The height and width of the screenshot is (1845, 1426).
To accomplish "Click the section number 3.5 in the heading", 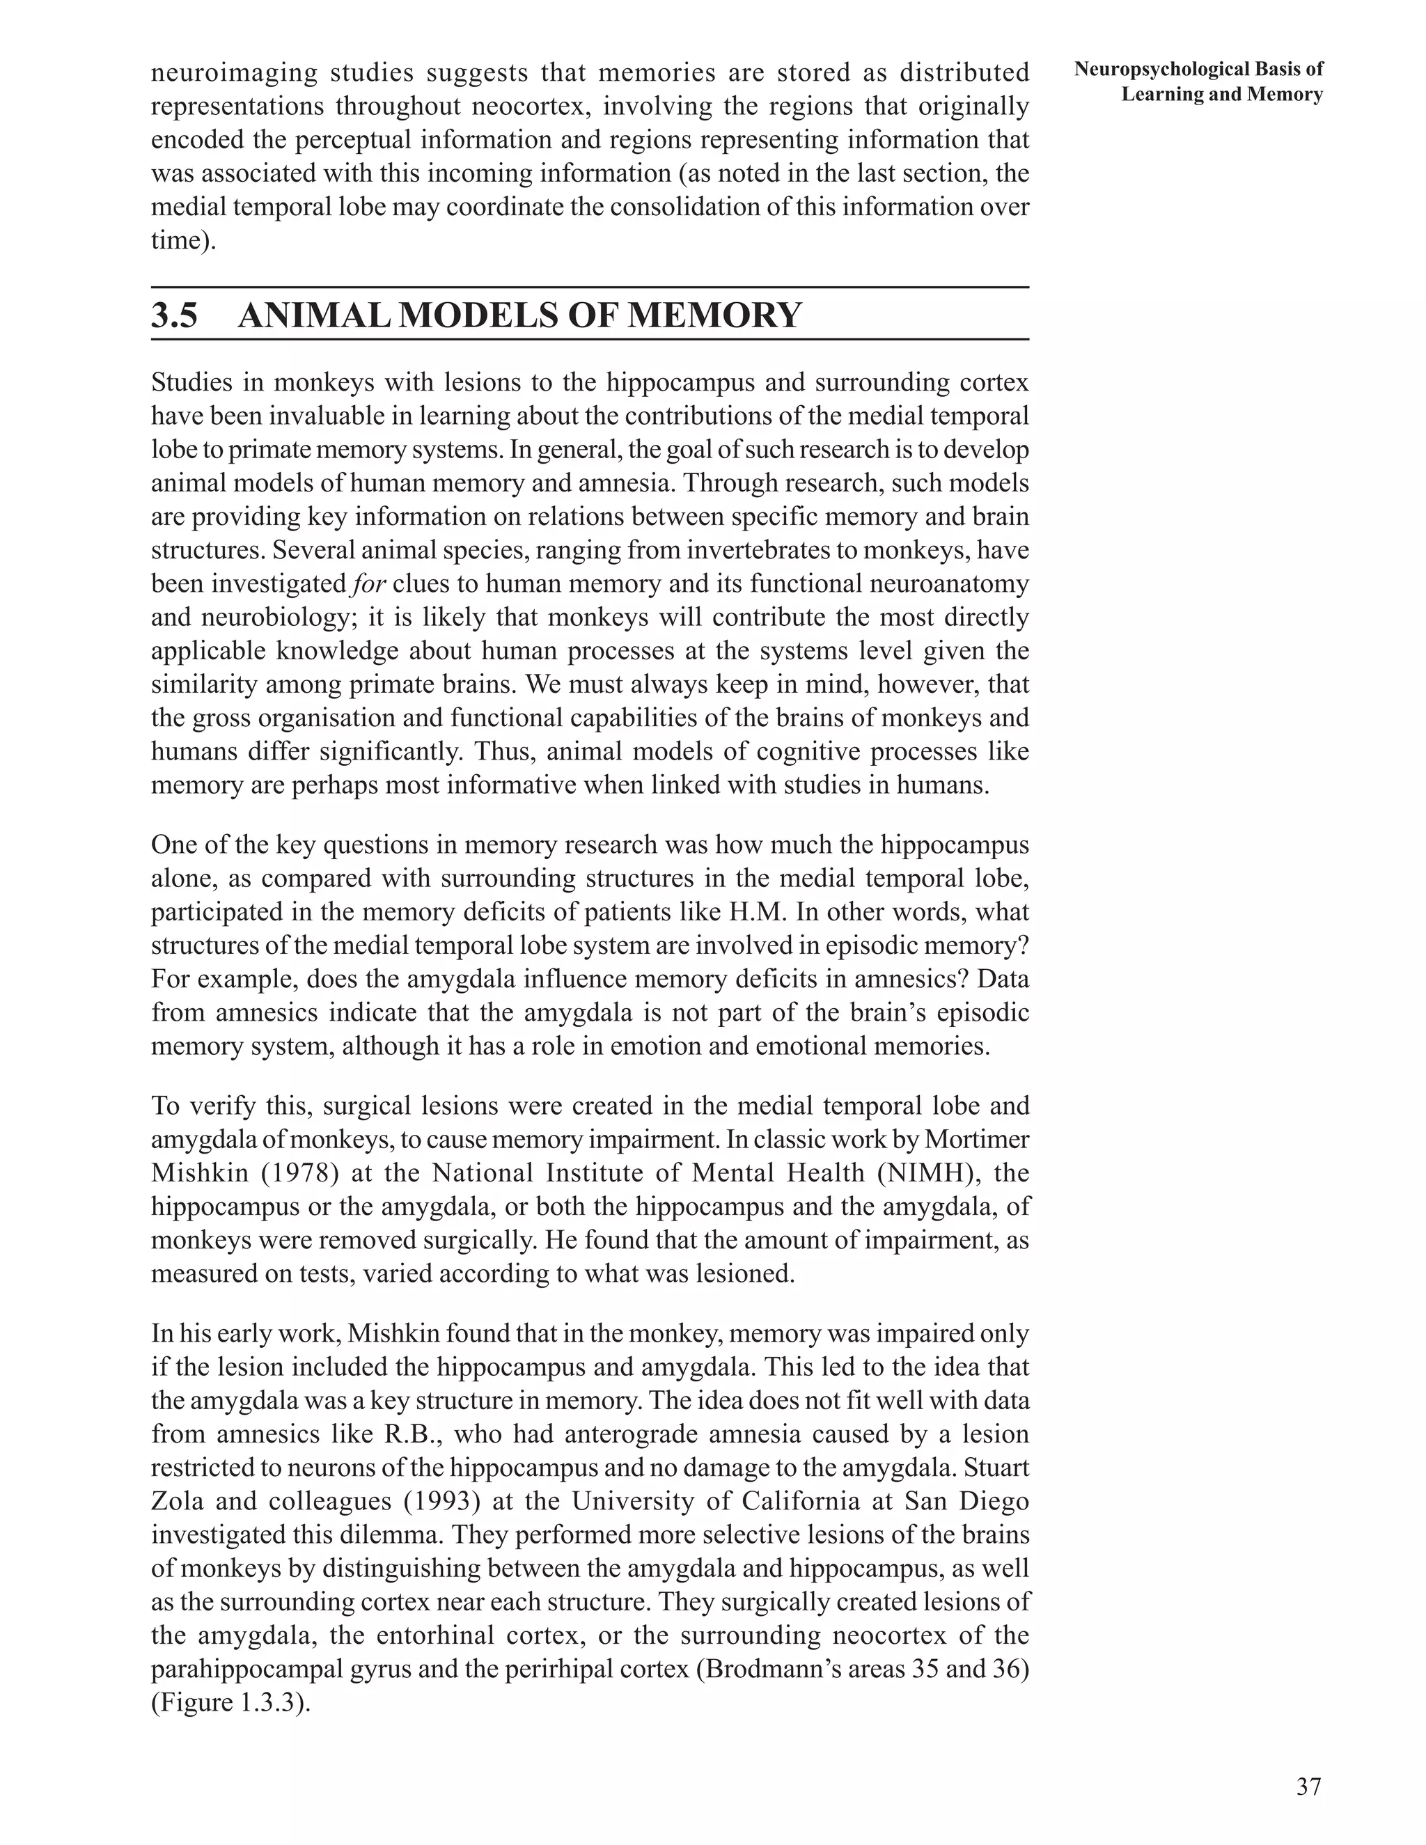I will pyautogui.click(x=174, y=316).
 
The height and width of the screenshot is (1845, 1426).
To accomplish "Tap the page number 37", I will pyautogui.click(x=1308, y=1786).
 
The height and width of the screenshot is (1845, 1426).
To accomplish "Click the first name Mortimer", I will pyautogui.click(x=977, y=1140).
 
